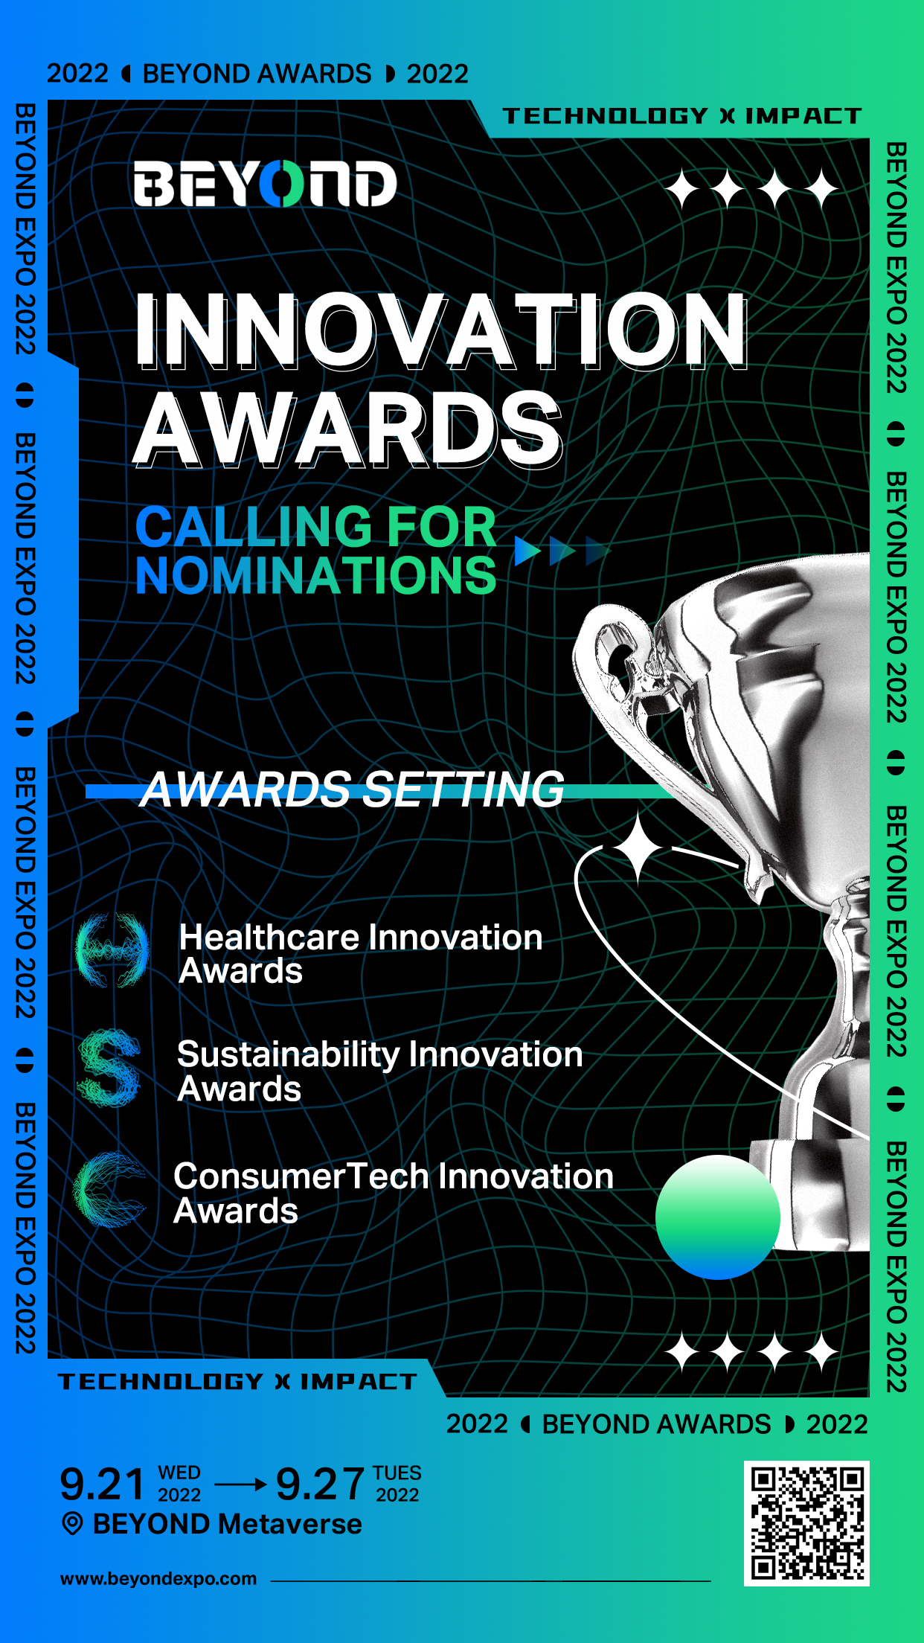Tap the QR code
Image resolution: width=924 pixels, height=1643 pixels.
point(806,1523)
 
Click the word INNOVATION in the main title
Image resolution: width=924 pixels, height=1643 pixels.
point(441,330)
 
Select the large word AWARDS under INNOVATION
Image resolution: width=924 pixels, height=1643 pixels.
point(347,429)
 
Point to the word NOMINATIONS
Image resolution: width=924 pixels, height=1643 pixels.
point(315,575)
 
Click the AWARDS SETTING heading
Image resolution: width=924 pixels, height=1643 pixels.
point(352,789)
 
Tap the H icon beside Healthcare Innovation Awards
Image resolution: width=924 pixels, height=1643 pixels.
point(112,950)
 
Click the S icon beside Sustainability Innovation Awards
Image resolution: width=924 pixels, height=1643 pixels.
point(109,1068)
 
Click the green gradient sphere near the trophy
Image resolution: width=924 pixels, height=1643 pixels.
point(718,1217)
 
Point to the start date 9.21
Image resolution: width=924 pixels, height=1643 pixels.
point(102,1485)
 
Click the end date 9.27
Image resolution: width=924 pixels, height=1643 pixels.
point(320,1485)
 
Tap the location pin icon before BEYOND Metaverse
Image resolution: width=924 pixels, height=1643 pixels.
point(72,1524)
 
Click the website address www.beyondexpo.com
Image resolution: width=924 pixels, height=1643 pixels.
point(158,1578)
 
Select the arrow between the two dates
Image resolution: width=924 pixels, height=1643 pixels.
point(240,1485)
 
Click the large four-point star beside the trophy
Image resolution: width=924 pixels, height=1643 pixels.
point(638,848)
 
